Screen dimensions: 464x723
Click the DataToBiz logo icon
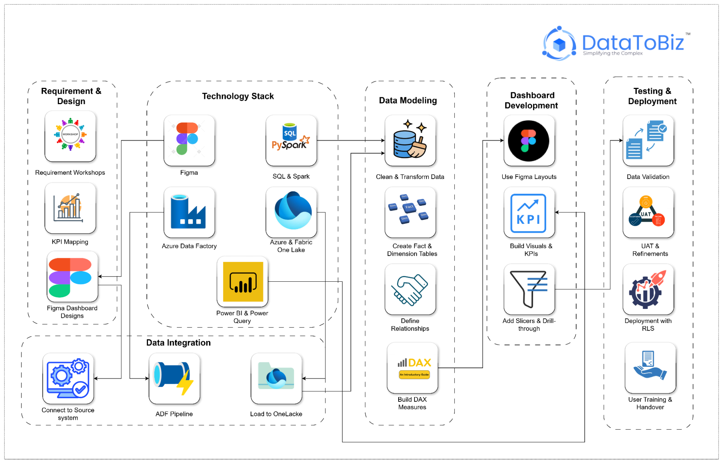tap(559, 43)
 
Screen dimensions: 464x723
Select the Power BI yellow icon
tap(243, 282)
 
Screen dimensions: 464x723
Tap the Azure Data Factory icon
tap(189, 212)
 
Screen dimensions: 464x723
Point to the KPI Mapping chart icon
tap(70, 208)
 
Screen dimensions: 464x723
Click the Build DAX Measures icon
tap(412, 367)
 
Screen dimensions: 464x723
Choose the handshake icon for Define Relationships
tap(410, 289)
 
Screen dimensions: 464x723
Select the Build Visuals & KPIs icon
tap(529, 212)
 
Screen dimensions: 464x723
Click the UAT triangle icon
tap(648, 212)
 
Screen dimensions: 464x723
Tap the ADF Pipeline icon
tap(174, 378)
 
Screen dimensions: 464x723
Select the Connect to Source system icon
tap(68, 378)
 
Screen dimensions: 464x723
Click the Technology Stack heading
tap(238, 96)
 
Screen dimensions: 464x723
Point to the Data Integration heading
tap(178, 342)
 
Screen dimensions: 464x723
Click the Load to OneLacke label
tap(276, 414)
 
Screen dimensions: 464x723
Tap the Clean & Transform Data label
tap(410, 176)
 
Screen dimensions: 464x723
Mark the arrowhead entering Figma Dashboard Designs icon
tap(100, 277)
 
